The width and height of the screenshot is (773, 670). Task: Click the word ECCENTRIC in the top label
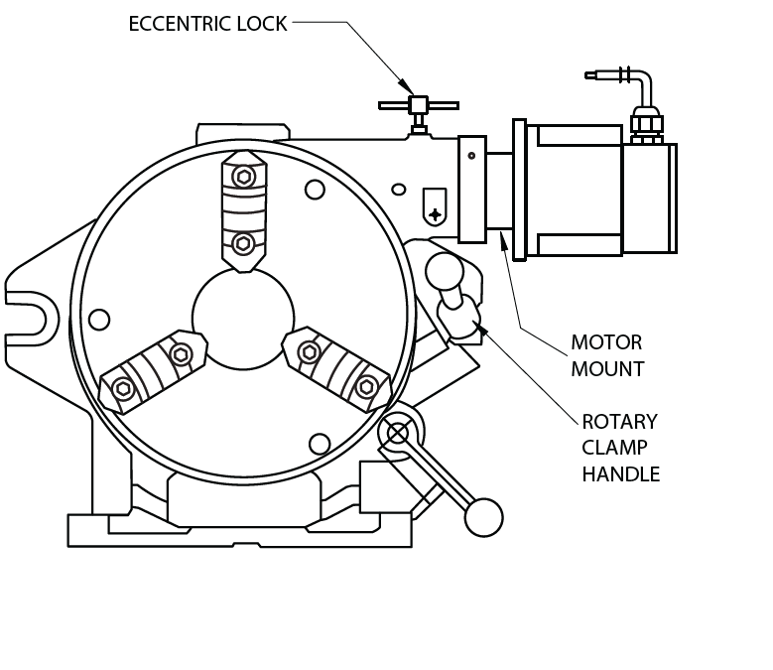(181, 24)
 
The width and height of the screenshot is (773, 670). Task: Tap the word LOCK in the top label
(262, 24)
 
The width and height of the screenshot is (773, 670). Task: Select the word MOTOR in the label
(606, 342)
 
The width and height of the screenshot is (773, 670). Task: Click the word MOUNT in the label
(607, 369)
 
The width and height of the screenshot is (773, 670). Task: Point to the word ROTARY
(619, 422)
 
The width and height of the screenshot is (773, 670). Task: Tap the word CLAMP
(614, 448)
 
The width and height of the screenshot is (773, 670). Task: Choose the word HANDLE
(620, 474)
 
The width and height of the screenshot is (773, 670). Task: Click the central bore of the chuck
(243, 319)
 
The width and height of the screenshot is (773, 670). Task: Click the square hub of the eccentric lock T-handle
(419, 105)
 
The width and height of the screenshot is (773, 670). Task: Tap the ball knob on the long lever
(483, 517)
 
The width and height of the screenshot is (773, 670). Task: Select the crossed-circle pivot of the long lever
(398, 435)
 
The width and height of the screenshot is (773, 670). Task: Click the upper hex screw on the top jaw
(243, 177)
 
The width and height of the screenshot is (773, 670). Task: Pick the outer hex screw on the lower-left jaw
(123, 389)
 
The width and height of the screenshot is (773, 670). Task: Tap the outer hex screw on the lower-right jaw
(366, 387)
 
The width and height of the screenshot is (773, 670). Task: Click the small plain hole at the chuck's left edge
(99, 320)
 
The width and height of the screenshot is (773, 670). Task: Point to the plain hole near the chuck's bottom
(319, 445)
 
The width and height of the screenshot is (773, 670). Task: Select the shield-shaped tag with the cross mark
(435, 206)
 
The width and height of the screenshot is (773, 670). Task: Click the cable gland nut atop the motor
(647, 123)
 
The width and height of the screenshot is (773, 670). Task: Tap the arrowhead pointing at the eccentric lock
(406, 86)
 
